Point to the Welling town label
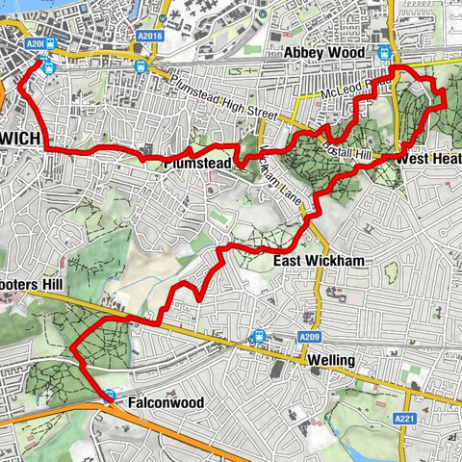[332, 360]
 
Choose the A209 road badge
[308, 337]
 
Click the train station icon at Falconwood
[111, 396]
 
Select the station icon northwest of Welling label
[258, 336]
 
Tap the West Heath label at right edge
[426, 157]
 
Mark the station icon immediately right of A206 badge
[49, 42]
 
